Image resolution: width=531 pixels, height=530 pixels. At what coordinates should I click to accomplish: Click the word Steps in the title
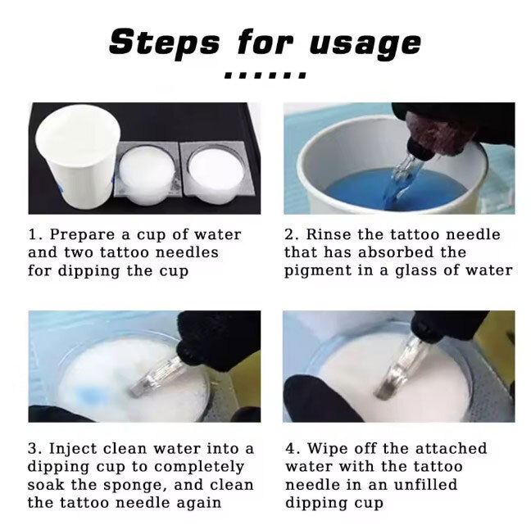(x=164, y=42)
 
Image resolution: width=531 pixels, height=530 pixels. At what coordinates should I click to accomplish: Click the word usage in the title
(x=365, y=45)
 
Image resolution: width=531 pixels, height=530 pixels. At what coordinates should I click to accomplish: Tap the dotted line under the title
(x=265, y=75)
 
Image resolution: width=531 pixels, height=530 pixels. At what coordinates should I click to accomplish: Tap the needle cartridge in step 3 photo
(x=156, y=376)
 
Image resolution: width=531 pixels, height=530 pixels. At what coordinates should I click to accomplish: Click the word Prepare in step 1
(x=82, y=235)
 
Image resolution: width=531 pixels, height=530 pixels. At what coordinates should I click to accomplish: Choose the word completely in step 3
(x=199, y=468)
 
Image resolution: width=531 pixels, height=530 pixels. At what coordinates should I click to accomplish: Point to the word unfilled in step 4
(x=425, y=485)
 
